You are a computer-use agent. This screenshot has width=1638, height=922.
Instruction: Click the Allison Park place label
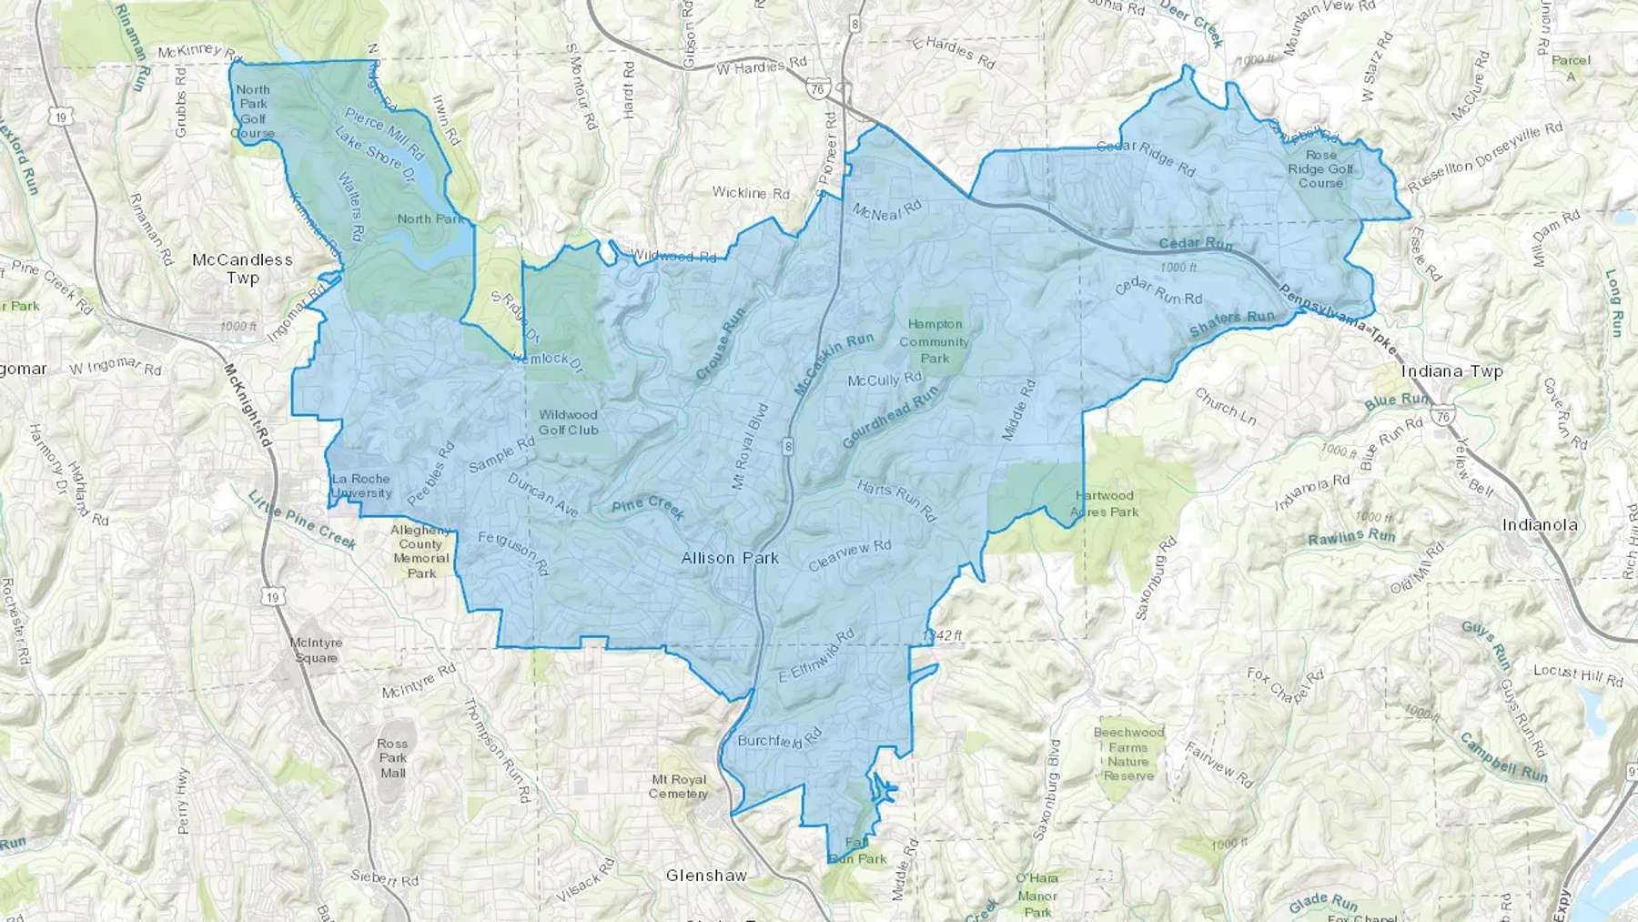click(x=730, y=558)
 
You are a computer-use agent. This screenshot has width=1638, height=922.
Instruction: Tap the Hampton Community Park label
click(x=935, y=341)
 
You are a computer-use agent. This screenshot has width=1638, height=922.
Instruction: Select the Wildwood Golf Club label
click(x=568, y=422)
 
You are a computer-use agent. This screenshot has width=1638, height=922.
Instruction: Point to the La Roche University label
click(x=361, y=486)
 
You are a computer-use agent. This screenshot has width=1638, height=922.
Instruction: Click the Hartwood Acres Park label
click(x=1104, y=503)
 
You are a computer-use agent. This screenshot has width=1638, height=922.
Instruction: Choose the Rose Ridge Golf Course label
click(x=1320, y=168)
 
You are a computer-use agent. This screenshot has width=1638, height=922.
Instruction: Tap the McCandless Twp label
click(x=242, y=268)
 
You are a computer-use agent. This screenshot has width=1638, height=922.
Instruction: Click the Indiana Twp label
click(x=1451, y=371)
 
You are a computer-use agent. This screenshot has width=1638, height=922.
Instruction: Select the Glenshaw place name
click(x=706, y=876)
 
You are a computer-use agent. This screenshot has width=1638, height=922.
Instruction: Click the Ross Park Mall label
click(x=393, y=757)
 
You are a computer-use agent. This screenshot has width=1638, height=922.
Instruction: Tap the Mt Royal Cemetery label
click(x=678, y=786)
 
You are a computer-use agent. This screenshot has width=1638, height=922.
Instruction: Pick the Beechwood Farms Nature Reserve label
click(x=1128, y=754)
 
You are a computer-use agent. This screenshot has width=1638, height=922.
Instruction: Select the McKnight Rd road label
click(x=248, y=405)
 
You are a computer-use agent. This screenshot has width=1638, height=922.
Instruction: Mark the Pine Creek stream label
click(x=648, y=508)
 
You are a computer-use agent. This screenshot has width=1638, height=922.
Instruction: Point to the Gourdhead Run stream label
click(x=889, y=417)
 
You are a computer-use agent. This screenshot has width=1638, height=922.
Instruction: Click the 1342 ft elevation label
click(x=942, y=634)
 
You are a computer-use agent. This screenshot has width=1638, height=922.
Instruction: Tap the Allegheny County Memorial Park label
click(x=420, y=552)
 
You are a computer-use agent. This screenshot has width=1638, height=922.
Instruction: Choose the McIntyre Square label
click(x=316, y=650)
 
